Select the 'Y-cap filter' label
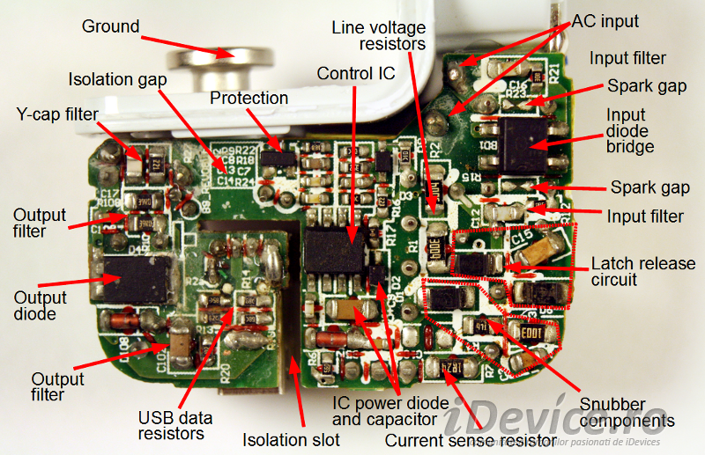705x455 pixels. tap(57, 114)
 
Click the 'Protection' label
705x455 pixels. tap(249, 98)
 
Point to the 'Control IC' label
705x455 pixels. tap(356, 73)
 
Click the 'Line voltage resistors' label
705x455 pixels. tap(379, 35)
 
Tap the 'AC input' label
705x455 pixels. tap(606, 20)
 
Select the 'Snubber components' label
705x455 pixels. tap(627, 412)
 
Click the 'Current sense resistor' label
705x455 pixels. tap(471, 440)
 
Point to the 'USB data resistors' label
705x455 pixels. tap(171, 424)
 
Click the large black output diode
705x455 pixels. tap(135, 279)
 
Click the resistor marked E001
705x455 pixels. tap(531, 334)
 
